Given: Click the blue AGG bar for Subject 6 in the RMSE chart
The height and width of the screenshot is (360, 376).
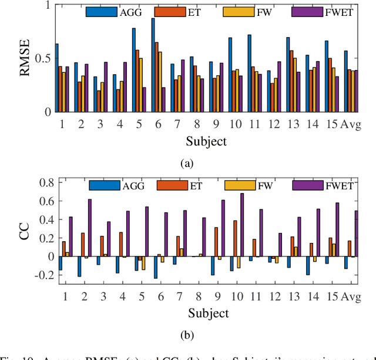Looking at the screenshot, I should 153,65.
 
